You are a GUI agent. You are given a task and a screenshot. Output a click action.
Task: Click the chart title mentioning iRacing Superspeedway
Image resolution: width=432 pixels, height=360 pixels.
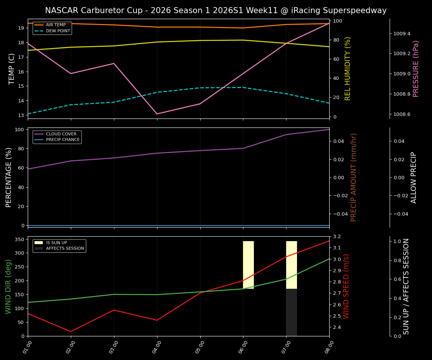pyautogui.click(x=216, y=10)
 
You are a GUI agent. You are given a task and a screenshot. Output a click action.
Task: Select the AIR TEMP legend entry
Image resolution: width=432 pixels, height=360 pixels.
pyautogui.click(x=55, y=25)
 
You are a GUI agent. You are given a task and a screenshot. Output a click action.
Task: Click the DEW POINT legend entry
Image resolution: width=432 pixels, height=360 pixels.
pyautogui.click(x=58, y=31)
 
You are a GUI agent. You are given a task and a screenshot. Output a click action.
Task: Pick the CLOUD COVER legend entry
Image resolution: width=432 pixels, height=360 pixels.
pyautogui.click(x=61, y=134)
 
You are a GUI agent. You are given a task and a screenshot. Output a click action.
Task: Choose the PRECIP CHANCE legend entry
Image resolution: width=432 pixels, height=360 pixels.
pyautogui.click(x=63, y=140)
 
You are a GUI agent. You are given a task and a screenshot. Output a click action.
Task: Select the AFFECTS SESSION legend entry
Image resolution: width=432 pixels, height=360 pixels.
pyautogui.click(x=65, y=248)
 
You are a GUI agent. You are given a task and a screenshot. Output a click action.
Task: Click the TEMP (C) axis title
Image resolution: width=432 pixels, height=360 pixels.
pyautogui.click(x=12, y=69)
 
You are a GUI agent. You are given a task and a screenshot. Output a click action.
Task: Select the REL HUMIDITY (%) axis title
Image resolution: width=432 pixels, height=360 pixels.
pyautogui.click(x=348, y=69)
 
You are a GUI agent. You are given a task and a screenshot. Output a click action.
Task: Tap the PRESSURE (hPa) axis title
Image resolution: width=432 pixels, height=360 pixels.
pyautogui.click(x=416, y=69)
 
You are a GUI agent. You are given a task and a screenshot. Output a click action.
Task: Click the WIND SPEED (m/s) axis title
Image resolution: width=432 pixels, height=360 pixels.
pyautogui.click(x=346, y=286)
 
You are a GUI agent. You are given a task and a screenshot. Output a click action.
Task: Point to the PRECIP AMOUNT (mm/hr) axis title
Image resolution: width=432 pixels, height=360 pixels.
pyautogui.click(x=354, y=177)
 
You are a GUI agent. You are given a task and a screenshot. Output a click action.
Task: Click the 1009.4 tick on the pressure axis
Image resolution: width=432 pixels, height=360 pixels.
pyautogui.click(x=402, y=34)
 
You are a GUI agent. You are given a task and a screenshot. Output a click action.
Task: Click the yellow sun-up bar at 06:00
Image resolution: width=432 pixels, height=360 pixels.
pyautogui.click(x=248, y=265)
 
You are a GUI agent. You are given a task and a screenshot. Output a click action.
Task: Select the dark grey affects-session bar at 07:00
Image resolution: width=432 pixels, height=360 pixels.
pyautogui.click(x=291, y=312)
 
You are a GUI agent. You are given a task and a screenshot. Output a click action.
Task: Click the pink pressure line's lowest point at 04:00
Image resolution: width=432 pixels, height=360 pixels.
pyautogui.click(x=157, y=114)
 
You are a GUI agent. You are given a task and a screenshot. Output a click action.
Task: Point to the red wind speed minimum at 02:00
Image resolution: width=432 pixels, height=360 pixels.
pyautogui.click(x=71, y=331)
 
